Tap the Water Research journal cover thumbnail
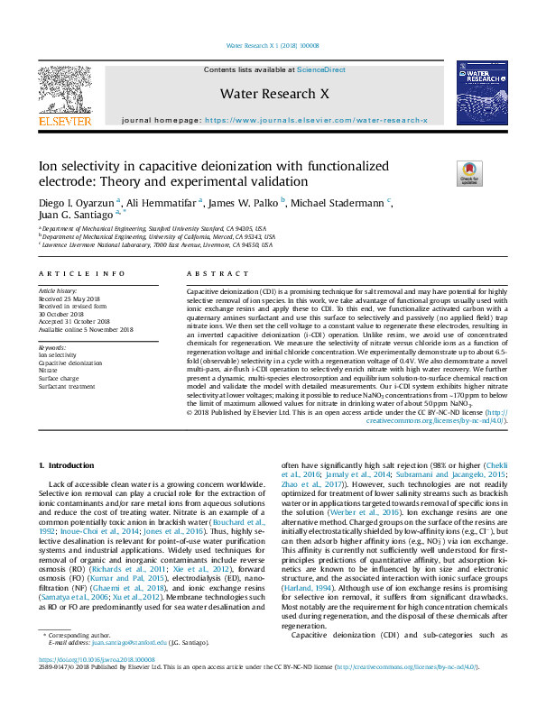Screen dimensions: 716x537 [474, 93]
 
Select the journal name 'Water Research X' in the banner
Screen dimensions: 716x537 [269, 93]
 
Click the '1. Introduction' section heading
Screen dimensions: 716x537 [69, 464]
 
